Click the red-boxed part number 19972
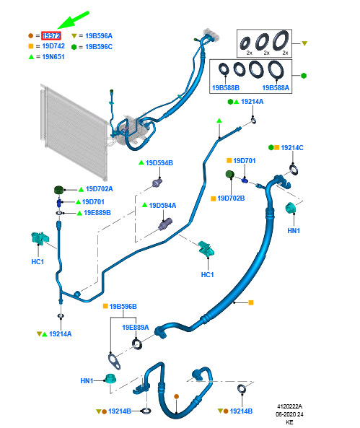pyautogui.click(x=51, y=36)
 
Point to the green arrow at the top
pyautogui.click(x=73, y=20)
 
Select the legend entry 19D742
pyautogui.click(x=53, y=46)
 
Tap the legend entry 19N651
pyautogui.click(x=53, y=57)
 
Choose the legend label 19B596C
pyautogui.click(x=99, y=47)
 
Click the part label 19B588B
pyautogui.click(x=226, y=88)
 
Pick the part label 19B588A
pyautogui.click(x=276, y=88)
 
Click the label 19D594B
pyautogui.click(x=159, y=163)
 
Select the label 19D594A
pyautogui.click(x=162, y=205)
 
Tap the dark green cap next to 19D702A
pyautogui.click(x=58, y=190)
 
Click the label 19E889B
pyautogui.click(x=97, y=213)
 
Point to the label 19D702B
pyautogui.click(x=231, y=198)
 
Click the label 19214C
pyautogui.click(x=292, y=148)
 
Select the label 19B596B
pyautogui.click(x=123, y=307)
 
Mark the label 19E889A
pyautogui.click(x=136, y=327)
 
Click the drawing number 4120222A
pyautogui.click(x=289, y=406)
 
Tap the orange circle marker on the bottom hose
pyautogui.click(x=176, y=396)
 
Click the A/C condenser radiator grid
pyautogui.click(x=74, y=132)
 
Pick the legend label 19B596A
pyautogui.click(x=99, y=36)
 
